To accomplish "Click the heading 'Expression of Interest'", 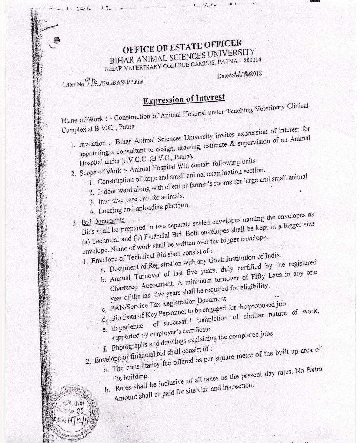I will (184, 99).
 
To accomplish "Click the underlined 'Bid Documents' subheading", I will (103, 221).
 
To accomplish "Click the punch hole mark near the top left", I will (57, 40).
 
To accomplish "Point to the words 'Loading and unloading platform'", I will (144, 208).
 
